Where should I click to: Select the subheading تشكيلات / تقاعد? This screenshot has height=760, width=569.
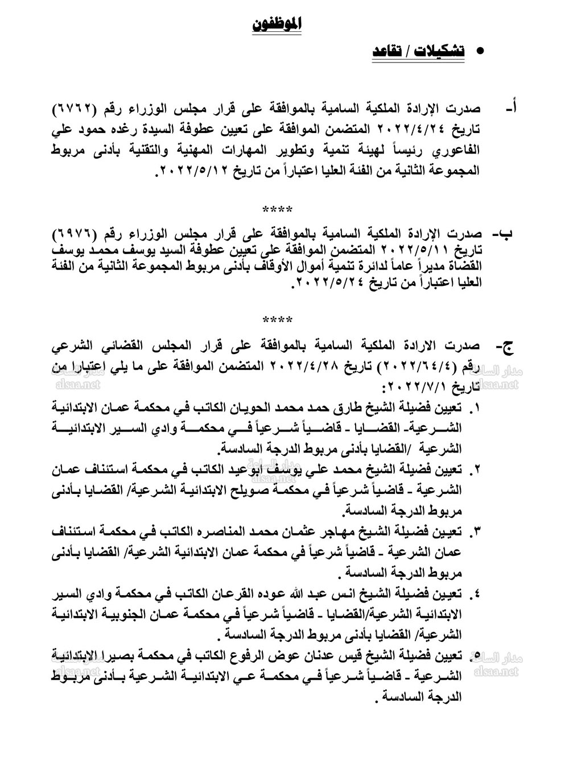click(x=418, y=52)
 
